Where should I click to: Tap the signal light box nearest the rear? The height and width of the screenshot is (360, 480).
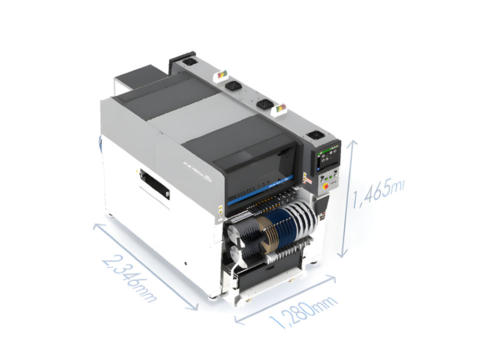point(222,75)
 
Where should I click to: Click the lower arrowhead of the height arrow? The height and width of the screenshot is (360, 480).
point(342,256)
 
